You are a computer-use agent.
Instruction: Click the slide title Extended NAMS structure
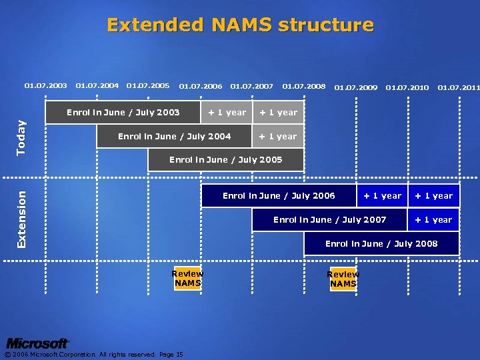pyautogui.click(x=240, y=25)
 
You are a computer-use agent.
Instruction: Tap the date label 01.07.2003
pyautogui.click(x=45, y=86)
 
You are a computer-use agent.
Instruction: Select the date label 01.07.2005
pyautogui.click(x=147, y=86)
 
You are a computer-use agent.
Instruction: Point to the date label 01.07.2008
pyautogui.click(x=303, y=86)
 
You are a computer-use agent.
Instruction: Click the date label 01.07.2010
pyautogui.click(x=407, y=87)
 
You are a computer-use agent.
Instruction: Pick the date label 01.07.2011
pyautogui.click(x=458, y=87)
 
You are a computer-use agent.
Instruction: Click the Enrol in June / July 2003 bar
pyautogui.click(x=123, y=113)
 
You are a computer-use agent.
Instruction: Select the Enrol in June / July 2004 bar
pyautogui.click(x=174, y=137)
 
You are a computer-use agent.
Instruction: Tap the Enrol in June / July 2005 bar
pyautogui.click(x=225, y=160)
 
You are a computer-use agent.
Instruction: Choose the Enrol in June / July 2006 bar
pyautogui.click(x=279, y=196)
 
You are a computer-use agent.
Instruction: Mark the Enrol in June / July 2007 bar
pyautogui.click(x=329, y=220)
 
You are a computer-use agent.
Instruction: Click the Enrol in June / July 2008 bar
pyautogui.click(x=381, y=244)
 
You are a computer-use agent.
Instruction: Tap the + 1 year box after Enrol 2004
pyautogui.click(x=278, y=137)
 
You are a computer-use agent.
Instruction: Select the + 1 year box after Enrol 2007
pyautogui.click(x=433, y=220)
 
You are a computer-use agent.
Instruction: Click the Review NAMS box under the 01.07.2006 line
pyautogui.click(x=187, y=279)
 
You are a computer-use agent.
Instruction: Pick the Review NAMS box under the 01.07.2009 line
pyautogui.click(x=343, y=279)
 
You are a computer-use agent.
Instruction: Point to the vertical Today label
pyautogui.click(x=22, y=137)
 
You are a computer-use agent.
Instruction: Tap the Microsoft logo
pyautogui.click(x=37, y=343)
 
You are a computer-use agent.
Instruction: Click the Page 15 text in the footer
pyautogui.click(x=171, y=355)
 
